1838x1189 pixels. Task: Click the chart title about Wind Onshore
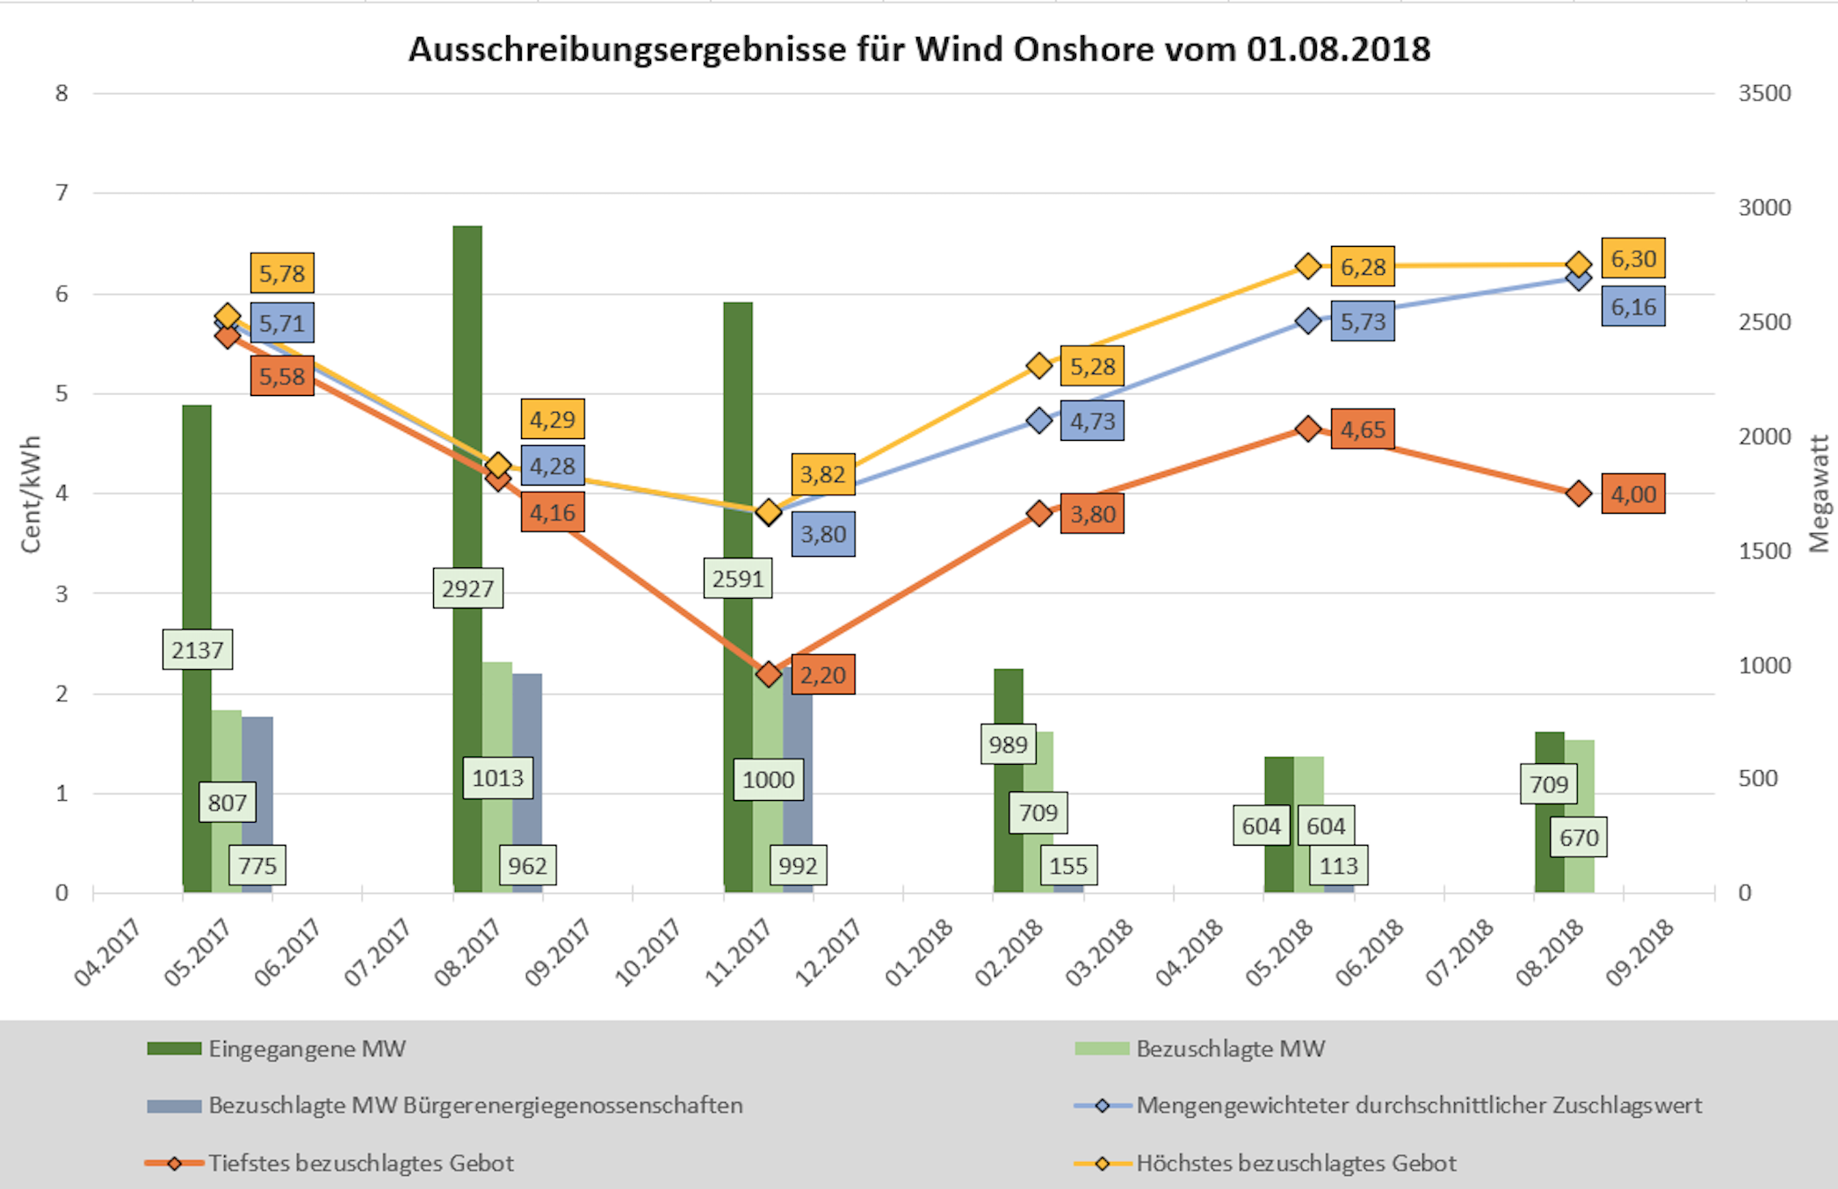(x=919, y=49)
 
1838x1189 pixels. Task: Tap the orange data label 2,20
(x=822, y=674)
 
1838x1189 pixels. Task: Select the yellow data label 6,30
(x=1632, y=259)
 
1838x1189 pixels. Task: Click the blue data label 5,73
(x=1362, y=321)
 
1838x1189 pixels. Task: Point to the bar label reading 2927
(x=467, y=587)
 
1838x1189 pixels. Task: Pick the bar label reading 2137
(x=197, y=650)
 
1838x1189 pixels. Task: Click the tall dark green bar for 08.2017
(x=467, y=395)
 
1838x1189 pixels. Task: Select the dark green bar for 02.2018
(x=1008, y=703)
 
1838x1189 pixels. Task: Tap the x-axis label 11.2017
(x=738, y=953)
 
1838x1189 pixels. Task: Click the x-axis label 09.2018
(x=1639, y=953)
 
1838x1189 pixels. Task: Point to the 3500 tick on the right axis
(x=1764, y=93)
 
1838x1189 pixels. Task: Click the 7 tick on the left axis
(x=62, y=192)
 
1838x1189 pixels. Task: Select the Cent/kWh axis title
(x=31, y=494)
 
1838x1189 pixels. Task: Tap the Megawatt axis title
(x=1819, y=494)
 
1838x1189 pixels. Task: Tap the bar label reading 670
(x=1578, y=837)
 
